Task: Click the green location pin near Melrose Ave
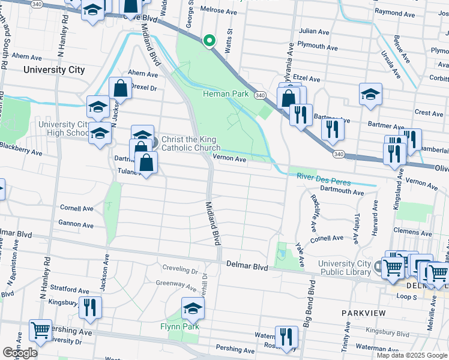[209, 41]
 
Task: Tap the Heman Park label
[226, 94]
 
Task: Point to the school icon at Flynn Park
[193, 308]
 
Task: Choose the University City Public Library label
[344, 268]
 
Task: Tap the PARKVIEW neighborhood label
[362, 314]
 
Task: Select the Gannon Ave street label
[76, 225]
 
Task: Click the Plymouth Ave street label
[319, 46]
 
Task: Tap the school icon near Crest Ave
[370, 94]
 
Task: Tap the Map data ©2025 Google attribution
[411, 355]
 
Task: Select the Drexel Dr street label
[143, 88]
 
